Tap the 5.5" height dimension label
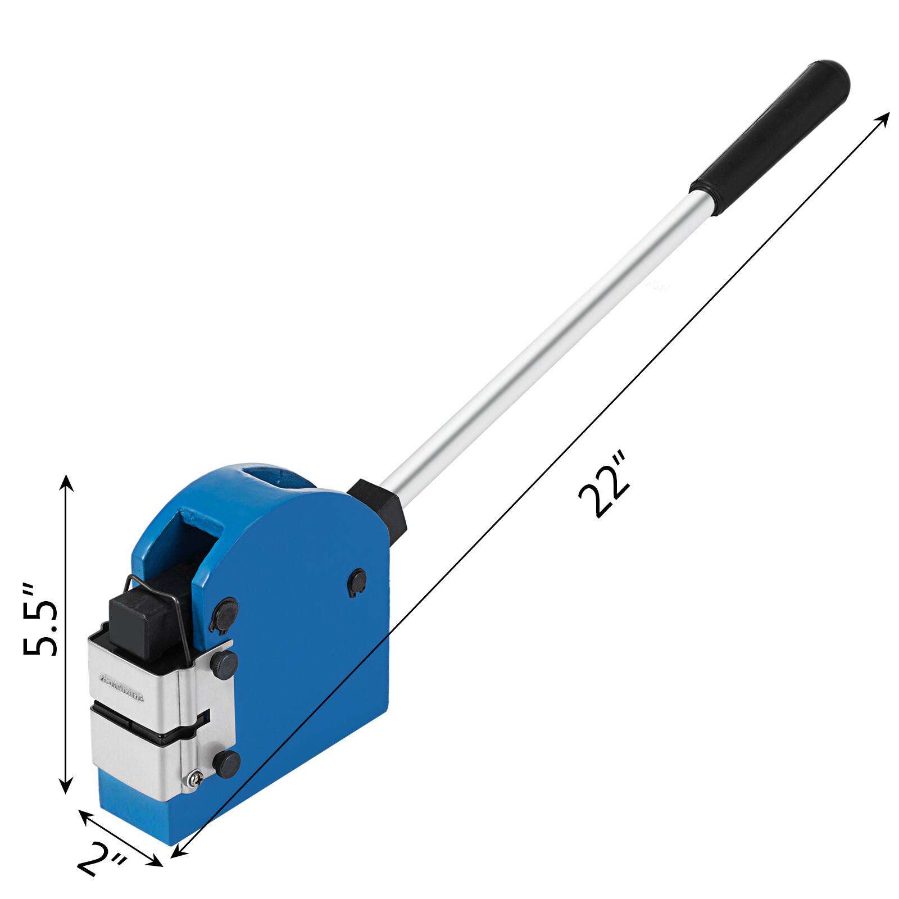[x=40, y=620]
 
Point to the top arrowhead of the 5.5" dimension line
[x=66, y=482]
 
